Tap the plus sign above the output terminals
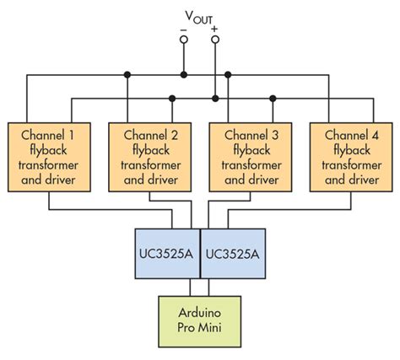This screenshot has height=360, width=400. [x=214, y=29]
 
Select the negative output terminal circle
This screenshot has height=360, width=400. [x=183, y=40]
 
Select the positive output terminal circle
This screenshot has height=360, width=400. [x=214, y=40]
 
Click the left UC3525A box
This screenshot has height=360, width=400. [x=167, y=253]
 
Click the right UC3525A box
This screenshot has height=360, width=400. [x=232, y=253]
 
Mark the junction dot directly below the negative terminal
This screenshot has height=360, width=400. [x=183, y=75]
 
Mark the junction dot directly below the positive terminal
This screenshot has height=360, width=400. [x=214, y=99]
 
